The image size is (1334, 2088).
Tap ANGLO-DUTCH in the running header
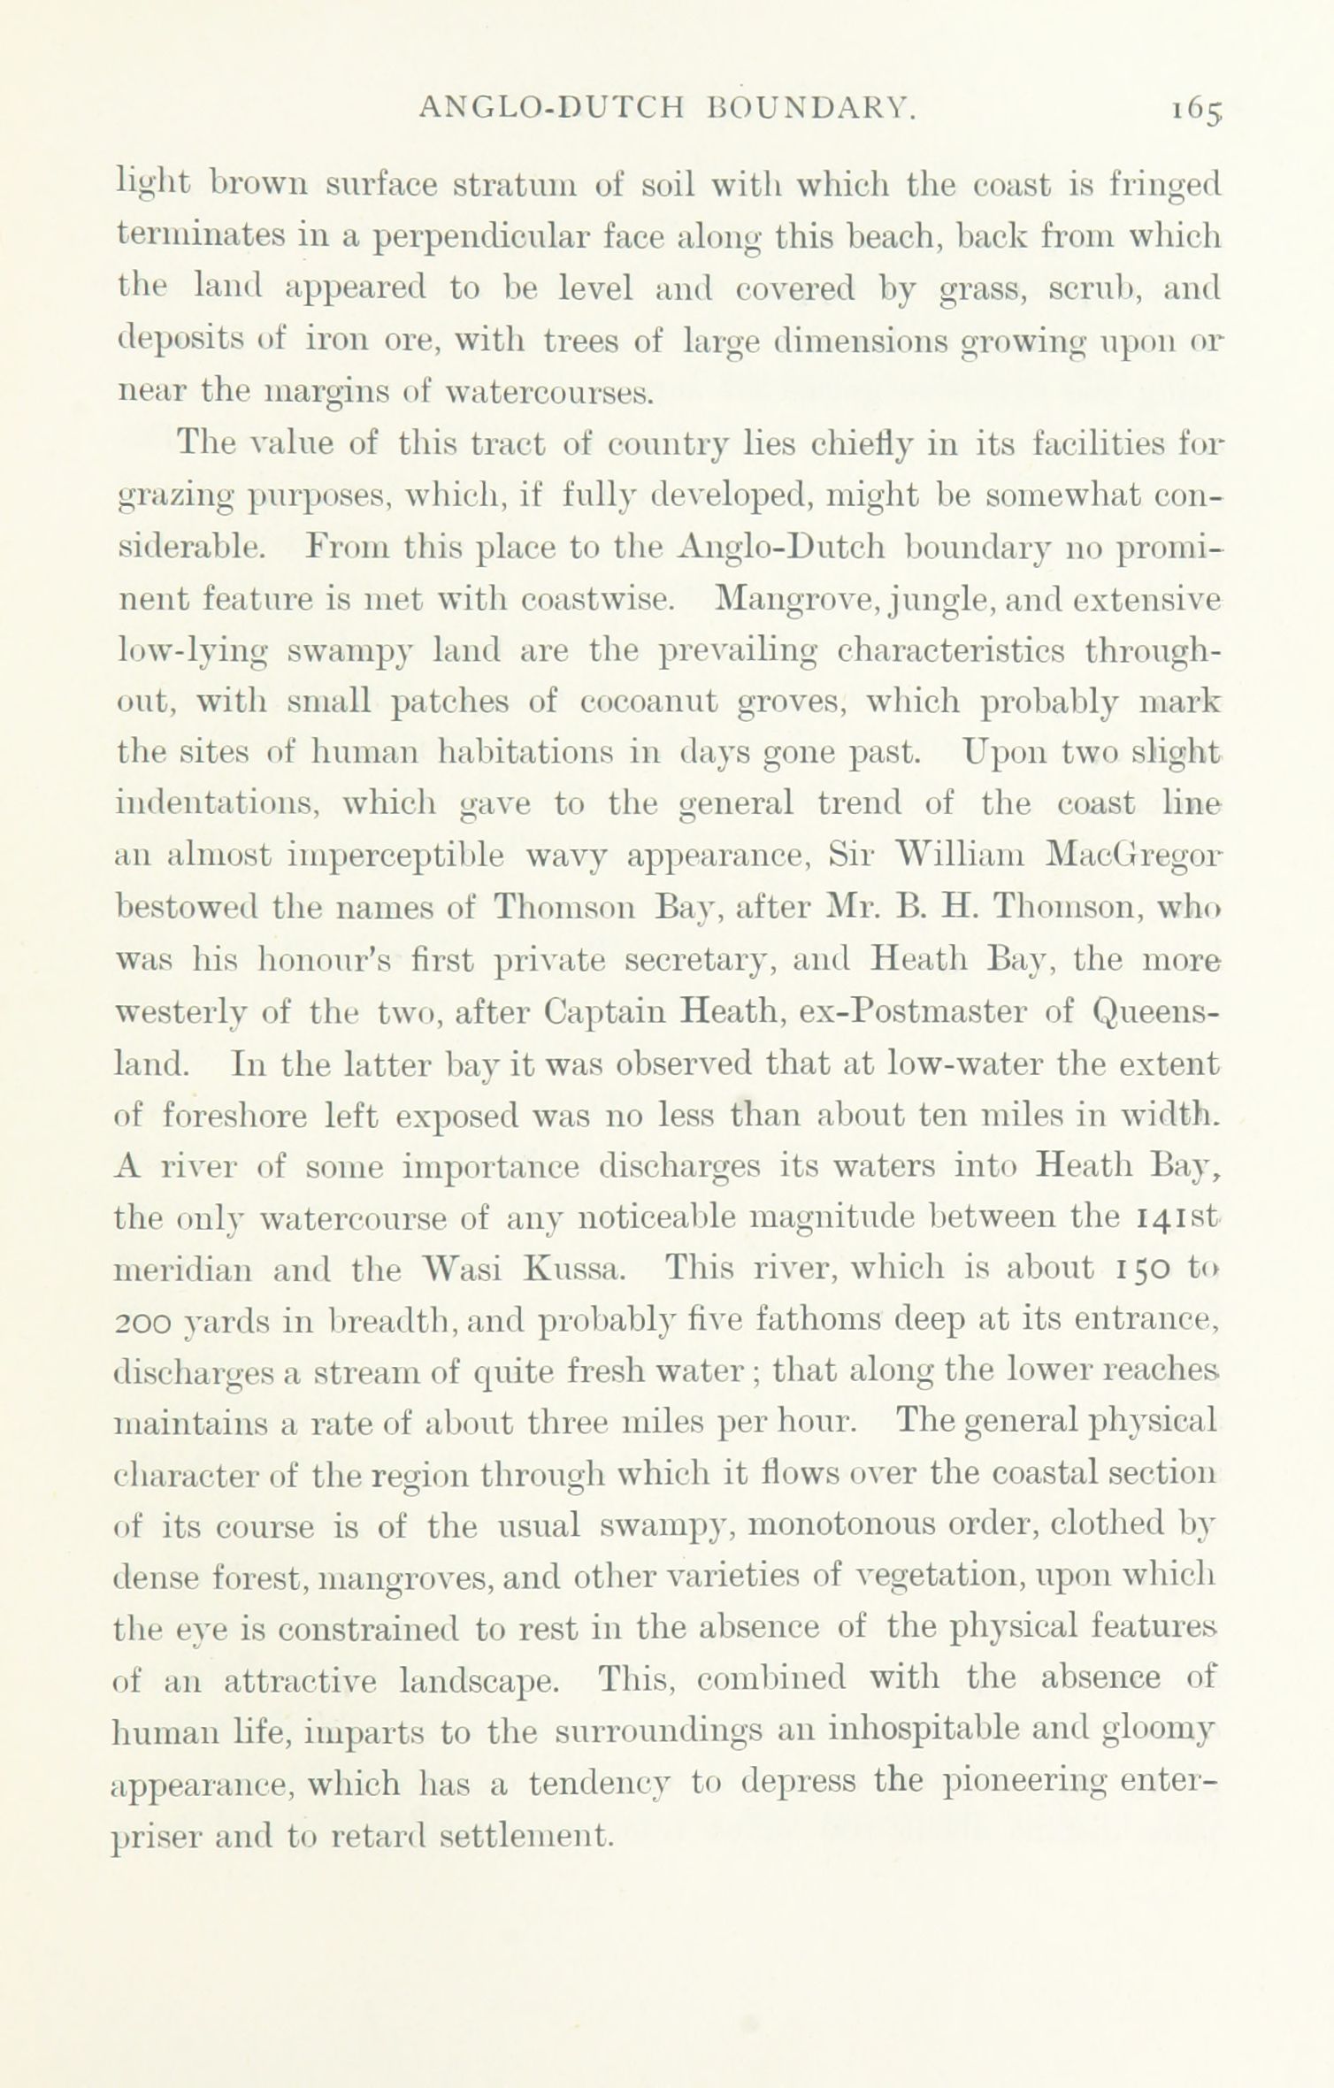tap(551, 108)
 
